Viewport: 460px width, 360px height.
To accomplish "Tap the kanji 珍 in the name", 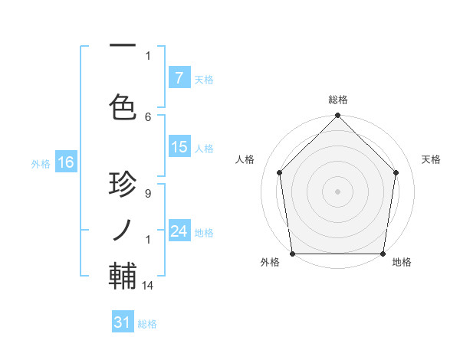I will (123, 185).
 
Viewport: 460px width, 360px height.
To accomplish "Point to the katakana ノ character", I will (123, 228).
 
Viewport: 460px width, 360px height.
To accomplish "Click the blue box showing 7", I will (179, 77).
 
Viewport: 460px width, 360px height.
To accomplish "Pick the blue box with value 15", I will (179, 147).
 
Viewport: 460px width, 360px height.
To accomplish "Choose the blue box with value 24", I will (179, 231).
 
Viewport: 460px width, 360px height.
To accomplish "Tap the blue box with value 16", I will (65, 162).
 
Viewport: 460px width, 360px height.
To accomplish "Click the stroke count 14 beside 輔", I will (149, 285).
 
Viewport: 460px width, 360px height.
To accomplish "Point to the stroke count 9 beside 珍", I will (148, 195).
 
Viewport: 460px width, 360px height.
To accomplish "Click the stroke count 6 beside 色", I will (148, 116).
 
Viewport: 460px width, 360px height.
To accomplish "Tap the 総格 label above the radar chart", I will (338, 100).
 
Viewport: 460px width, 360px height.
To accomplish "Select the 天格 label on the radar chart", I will (432, 159).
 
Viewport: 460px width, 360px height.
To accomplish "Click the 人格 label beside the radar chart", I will (245, 159).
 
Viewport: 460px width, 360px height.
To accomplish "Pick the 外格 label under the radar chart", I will (270, 263).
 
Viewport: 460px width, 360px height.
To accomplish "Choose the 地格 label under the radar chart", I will (402, 263).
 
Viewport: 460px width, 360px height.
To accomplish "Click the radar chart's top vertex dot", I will (338, 116).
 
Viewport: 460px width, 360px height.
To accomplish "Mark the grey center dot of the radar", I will (338, 191).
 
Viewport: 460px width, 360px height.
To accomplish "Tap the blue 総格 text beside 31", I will (147, 324).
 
